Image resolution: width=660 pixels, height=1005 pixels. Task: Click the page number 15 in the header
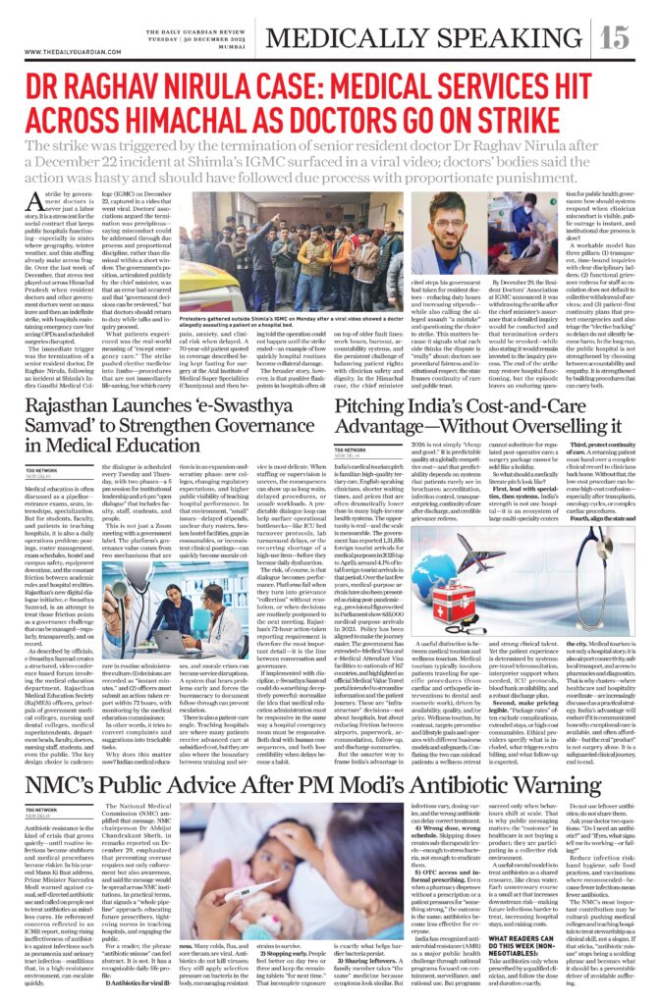click(x=615, y=38)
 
